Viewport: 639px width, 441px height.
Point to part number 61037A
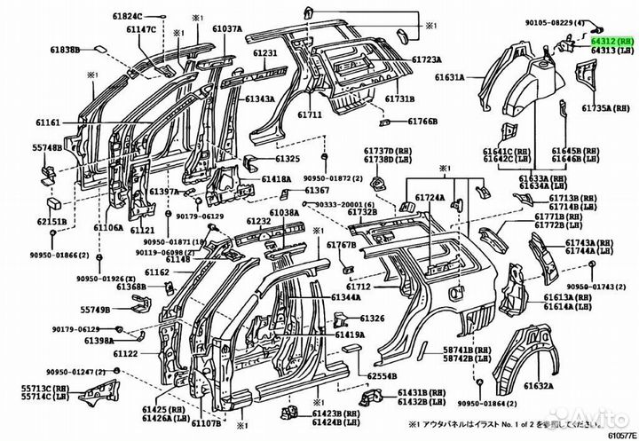[x=225, y=29]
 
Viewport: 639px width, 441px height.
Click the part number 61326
[x=373, y=318]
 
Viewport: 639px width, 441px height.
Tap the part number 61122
[x=125, y=353]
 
